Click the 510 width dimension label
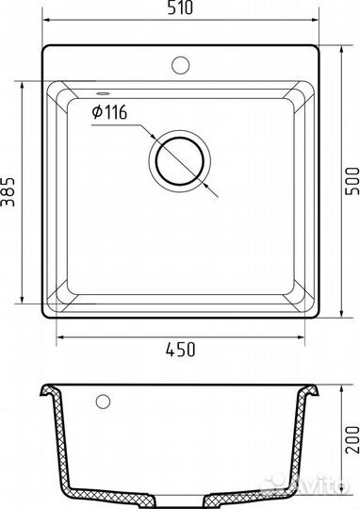click(x=181, y=8)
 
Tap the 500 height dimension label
click(x=352, y=181)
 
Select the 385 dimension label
click(x=8, y=192)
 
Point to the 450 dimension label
click(x=181, y=350)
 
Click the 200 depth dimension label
click(x=352, y=440)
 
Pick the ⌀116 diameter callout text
click(x=109, y=112)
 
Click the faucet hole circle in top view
click(x=181, y=65)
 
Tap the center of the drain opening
click(x=180, y=161)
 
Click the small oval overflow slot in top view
click(x=103, y=94)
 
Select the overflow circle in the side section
click(x=103, y=402)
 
